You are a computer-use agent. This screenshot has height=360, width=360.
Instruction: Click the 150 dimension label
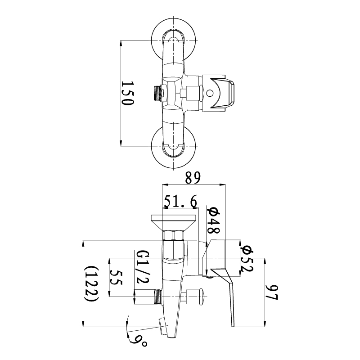(x=127, y=93)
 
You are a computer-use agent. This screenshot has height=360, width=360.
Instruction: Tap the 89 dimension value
(x=193, y=177)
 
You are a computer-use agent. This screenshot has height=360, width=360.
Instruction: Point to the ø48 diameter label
(x=213, y=220)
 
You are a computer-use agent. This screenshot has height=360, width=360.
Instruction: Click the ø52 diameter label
(x=247, y=258)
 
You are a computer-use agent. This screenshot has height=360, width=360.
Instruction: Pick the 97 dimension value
(x=272, y=292)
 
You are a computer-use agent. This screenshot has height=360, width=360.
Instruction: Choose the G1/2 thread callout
(x=143, y=266)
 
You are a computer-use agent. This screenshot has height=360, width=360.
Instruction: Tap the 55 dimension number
(x=116, y=278)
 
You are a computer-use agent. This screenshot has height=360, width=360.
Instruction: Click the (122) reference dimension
(x=92, y=284)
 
